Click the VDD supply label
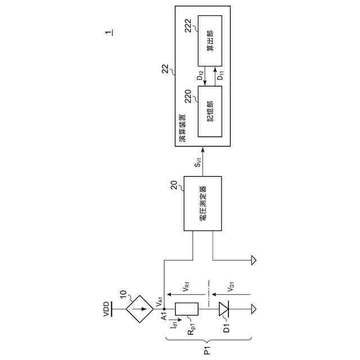click(x=106, y=309)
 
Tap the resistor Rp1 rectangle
click(x=186, y=309)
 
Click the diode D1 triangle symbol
click(x=224, y=309)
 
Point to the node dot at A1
click(x=164, y=309)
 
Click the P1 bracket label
click(x=208, y=350)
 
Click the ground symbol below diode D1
click(x=254, y=309)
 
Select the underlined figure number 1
click(x=107, y=32)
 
